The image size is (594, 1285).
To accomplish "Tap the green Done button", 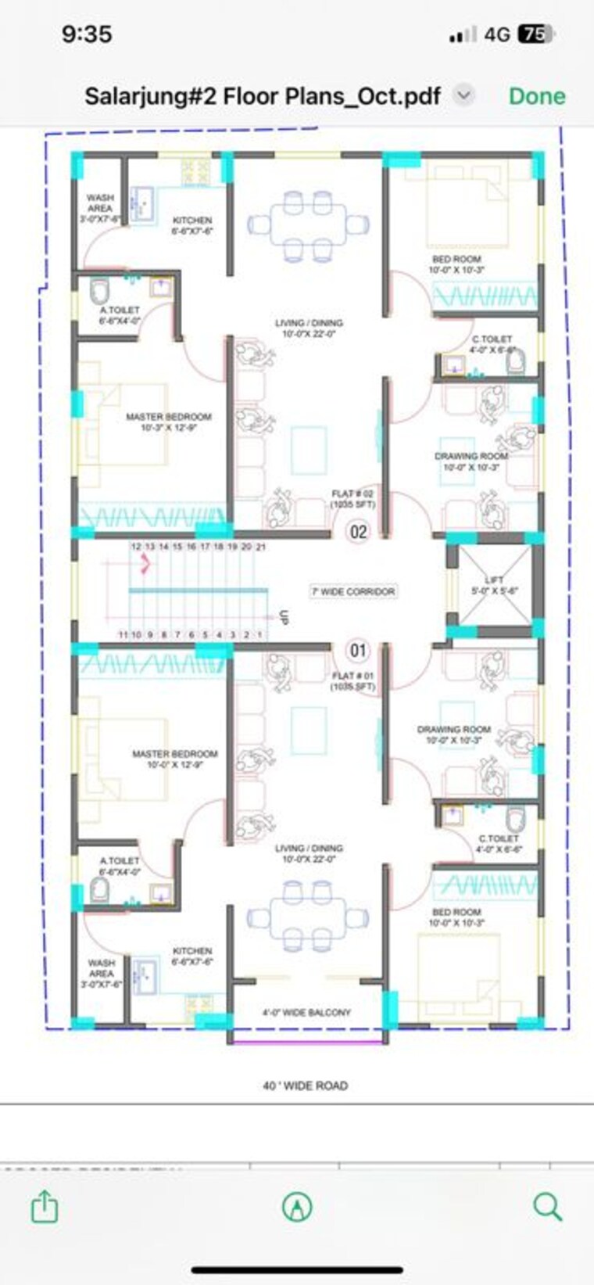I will pos(537,96).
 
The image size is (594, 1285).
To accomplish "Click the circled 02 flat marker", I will pos(358,533).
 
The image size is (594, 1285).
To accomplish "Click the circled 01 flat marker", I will pos(358,650).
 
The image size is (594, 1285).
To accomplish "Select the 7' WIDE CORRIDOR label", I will pos(353,592).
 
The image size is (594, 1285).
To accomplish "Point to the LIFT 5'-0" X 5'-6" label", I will pos(495,585).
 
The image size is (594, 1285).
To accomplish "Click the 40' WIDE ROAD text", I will pos(305,1086).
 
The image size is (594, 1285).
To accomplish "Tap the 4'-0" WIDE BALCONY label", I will pos(306,1012).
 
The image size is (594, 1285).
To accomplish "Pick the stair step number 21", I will pos(261,547).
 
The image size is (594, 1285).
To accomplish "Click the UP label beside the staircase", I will pos(284,617).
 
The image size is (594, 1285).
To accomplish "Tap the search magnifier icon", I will pos(547,1207).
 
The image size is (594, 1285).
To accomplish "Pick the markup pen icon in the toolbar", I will pos(297,1207).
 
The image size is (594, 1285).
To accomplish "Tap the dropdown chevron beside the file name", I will pos(464,95).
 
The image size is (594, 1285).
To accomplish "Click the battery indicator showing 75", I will pos(535,34).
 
